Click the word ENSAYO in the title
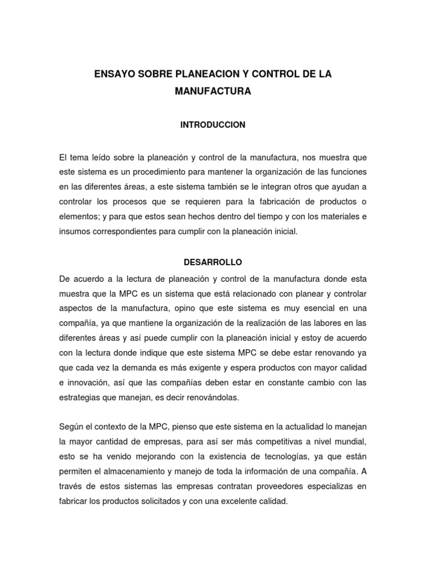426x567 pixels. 113,74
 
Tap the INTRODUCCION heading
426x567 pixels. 212,125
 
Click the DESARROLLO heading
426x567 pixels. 213,261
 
